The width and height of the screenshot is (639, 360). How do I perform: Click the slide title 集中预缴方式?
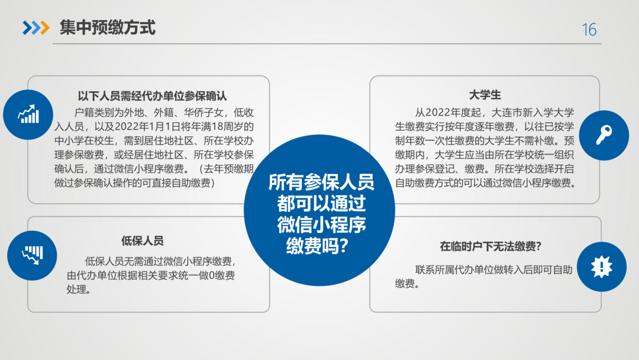[108, 28]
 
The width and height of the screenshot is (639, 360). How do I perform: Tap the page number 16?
[589, 30]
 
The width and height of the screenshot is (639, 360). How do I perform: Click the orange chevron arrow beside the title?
[45, 28]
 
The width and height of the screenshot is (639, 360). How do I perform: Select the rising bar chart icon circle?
[28, 114]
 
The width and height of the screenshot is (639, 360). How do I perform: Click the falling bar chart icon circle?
[32, 256]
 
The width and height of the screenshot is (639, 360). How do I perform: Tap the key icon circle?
[604, 136]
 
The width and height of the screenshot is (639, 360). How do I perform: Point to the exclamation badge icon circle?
[602, 266]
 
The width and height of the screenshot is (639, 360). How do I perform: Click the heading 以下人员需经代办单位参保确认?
[152, 97]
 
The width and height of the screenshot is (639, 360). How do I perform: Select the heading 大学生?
[485, 95]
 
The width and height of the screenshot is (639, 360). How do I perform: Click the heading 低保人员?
[142, 240]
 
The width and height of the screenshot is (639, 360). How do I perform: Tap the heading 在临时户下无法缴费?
[490, 246]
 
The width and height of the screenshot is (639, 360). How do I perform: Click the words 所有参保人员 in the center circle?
[321, 182]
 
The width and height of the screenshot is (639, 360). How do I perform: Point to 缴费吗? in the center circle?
[318, 246]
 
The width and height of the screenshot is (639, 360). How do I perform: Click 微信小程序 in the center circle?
[321, 224]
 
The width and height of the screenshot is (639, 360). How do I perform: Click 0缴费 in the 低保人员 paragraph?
[222, 275]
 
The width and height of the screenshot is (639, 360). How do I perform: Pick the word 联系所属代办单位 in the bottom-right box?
[455, 269]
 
